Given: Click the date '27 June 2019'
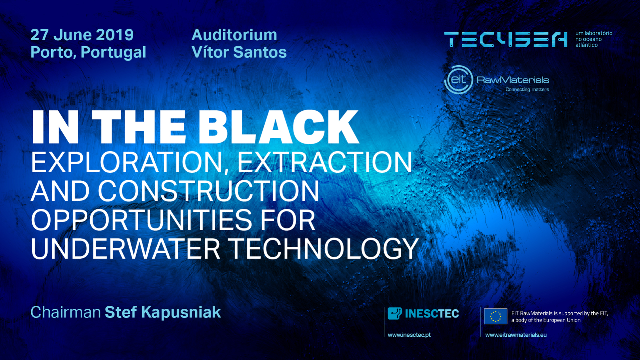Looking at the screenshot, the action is pyautogui.click(x=82, y=35).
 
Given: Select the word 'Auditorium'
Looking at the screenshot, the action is pyautogui.click(x=234, y=35).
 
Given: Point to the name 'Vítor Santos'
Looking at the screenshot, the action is pyautogui.click(x=239, y=52).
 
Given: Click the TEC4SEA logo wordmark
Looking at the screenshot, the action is pyautogui.click(x=506, y=39).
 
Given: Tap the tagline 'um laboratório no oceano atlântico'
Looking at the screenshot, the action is pyautogui.click(x=594, y=39).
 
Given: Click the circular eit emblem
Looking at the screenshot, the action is pyautogui.click(x=459, y=80).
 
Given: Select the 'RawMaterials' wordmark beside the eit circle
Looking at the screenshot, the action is pyautogui.click(x=513, y=80).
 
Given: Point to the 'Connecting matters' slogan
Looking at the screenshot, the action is pyautogui.click(x=527, y=89).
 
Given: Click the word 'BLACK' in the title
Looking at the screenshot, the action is pyautogui.click(x=279, y=127).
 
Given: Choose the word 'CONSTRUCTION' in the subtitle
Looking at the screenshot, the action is pyautogui.click(x=208, y=191).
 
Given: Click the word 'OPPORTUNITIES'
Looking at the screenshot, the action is pyautogui.click(x=142, y=220).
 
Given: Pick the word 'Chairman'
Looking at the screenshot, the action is pyautogui.click(x=66, y=312).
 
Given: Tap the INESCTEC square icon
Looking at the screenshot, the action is pyautogui.click(x=395, y=313).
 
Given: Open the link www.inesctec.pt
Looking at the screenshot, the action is pyautogui.click(x=409, y=335).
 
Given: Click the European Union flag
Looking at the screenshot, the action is pyautogui.click(x=495, y=316).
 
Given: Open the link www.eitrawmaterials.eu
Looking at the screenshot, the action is pyautogui.click(x=516, y=335).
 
